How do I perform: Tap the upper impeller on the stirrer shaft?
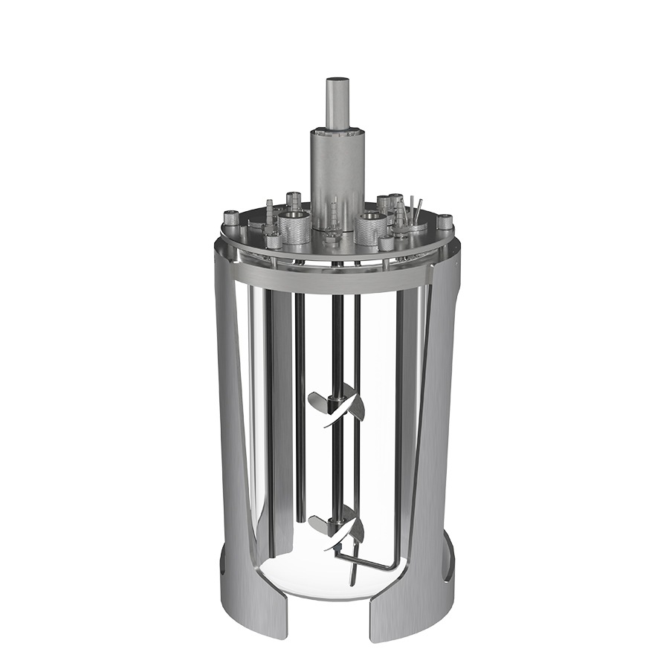point(337,407)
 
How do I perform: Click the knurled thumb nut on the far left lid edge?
point(231,218)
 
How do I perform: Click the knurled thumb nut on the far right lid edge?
point(445,221)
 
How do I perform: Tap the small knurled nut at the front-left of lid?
point(274,241)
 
